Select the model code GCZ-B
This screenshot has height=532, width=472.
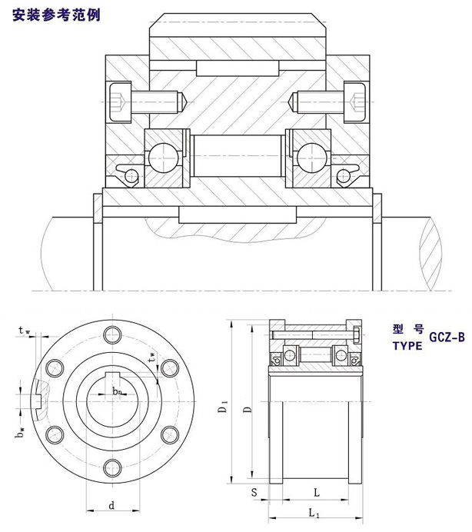click(447, 337)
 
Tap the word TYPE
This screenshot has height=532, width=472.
click(407, 345)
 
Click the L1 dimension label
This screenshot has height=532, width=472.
click(314, 513)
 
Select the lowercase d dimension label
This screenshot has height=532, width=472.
click(111, 505)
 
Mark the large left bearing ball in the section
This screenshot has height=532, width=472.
click(162, 156)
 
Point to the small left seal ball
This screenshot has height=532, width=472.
click(131, 176)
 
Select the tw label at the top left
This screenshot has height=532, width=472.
click(25, 331)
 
